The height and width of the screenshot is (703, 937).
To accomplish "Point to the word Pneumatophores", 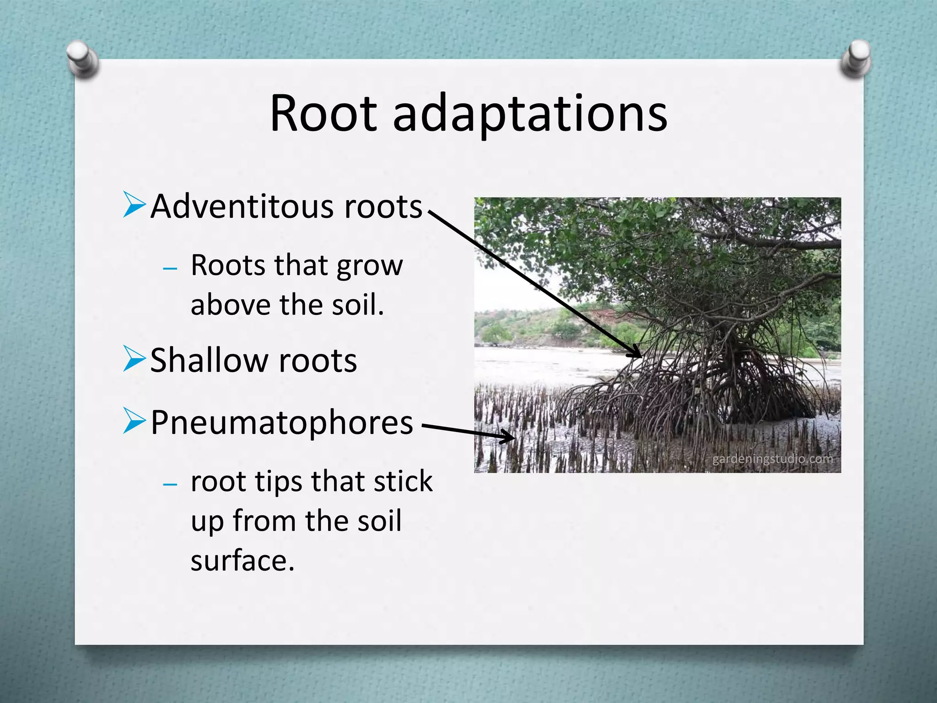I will pos(282,422).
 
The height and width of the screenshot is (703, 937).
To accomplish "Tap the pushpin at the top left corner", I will pos(82,59).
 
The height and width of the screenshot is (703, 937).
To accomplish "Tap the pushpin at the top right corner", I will pos(856,59).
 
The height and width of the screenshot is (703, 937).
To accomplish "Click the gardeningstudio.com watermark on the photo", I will pos(772,459).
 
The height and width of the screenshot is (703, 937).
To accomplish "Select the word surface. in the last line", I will pos(242,561).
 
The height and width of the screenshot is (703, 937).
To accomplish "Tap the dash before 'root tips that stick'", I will pos(170,484).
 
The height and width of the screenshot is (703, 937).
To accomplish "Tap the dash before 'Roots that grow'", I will pos(170,268).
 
